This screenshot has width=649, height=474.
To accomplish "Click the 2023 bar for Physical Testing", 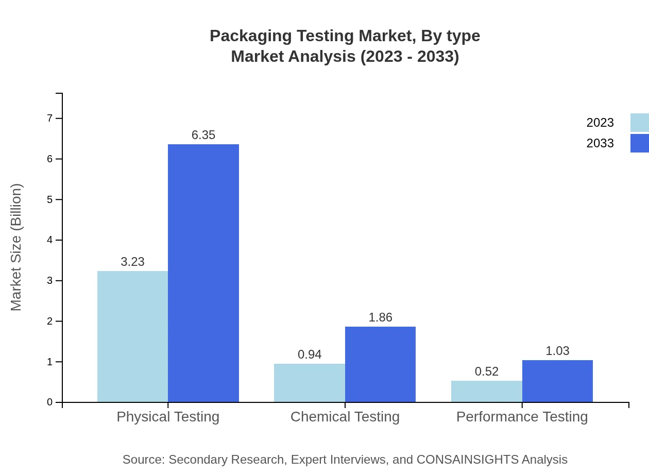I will pyautogui.click(x=132, y=336).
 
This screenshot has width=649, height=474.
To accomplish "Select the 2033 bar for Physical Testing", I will pyautogui.click(x=203, y=273).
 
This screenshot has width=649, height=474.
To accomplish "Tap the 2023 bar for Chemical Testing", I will pyautogui.click(x=310, y=383).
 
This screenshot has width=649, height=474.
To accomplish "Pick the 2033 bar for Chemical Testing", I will pyautogui.click(x=380, y=364).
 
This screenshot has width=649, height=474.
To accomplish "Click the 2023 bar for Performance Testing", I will pyautogui.click(x=487, y=392).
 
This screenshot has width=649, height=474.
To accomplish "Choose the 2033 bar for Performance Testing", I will pyautogui.click(x=557, y=381).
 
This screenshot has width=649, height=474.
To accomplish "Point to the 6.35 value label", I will pyautogui.click(x=203, y=135).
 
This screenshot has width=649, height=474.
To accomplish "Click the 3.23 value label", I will pyautogui.click(x=132, y=262).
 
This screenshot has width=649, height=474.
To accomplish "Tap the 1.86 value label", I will pyautogui.click(x=380, y=317).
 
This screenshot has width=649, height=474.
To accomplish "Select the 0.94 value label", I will pyautogui.click(x=310, y=354).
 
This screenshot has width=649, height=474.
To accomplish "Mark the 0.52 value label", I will pyautogui.click(x=487, y=371).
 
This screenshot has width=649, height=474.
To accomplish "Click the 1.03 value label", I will pyautogui.click(x=557, y=351).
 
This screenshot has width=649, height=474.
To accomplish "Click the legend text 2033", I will pyautogui.click(x=600, y=143).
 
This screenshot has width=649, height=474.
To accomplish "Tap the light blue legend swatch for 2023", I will pyautogui.click(x=640, y=123).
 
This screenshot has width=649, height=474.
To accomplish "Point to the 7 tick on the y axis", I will pyautogui.click(x=50, y=118).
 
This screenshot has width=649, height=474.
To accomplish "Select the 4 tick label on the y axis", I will pyautogui.click(x=50, y=240).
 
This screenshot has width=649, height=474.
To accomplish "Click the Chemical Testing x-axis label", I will pyautogui.click(x=345, y=416).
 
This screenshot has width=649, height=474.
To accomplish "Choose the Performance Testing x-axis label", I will pyautogui.click(x=522, y=416).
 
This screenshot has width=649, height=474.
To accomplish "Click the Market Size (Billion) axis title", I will pyautogui.click(x=16, y=247).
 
